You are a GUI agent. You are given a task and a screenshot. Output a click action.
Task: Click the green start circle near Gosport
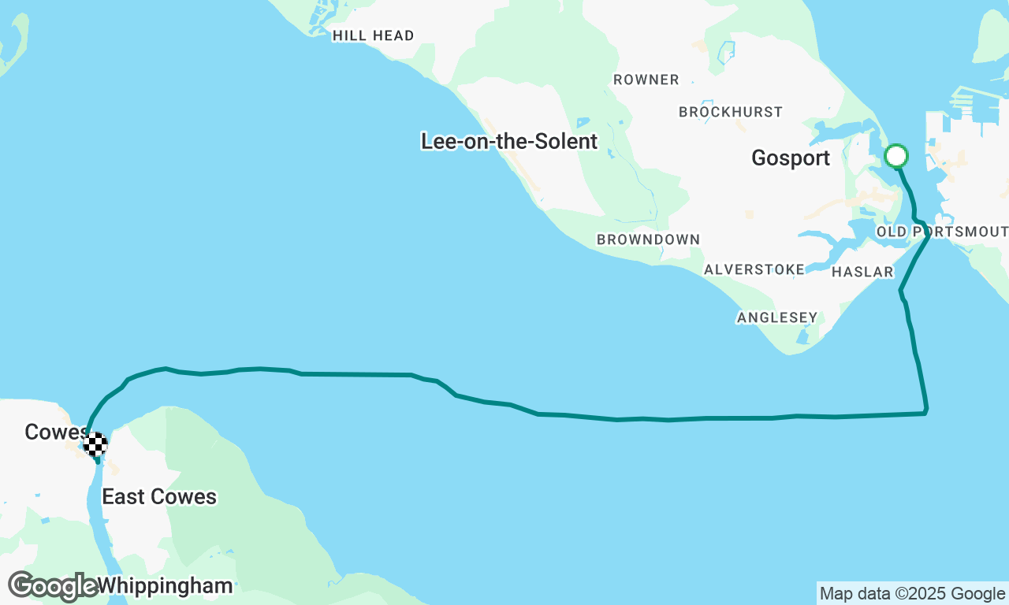[x=896, y=156]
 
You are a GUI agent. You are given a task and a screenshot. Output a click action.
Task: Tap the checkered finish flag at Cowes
[x=95, y=444]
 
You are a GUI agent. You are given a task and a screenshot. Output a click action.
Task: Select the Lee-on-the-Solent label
[x=509, y=142]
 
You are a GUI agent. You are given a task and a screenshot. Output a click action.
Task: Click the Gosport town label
[x=791, y=158]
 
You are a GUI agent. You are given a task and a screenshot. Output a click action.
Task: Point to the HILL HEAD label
[x=373, y=35]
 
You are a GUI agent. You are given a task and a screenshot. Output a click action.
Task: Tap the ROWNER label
[x=646, y=80]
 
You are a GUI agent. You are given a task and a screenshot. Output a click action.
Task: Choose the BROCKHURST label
[x=731, y=112]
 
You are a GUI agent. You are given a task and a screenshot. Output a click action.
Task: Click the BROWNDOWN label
[x=648, y=239]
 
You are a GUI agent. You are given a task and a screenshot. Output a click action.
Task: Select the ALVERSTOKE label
[x=754, y=269]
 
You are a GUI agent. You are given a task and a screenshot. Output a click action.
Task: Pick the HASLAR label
[x=862, y=273]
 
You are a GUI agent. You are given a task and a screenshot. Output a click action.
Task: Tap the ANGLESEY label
[x=777, y=317]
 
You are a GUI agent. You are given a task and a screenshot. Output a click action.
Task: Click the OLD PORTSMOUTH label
[x=942, y=232]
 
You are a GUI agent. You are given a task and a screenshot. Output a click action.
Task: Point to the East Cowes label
[x=159, y=497]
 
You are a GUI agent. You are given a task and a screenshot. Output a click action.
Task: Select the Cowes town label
[x=55, y=432]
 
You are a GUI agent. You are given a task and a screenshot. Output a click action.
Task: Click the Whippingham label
[x=166, y=586]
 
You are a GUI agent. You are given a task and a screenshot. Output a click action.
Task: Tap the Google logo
[x=53, y=586]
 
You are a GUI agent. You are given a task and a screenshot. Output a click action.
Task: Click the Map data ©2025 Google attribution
[x=912, y=594]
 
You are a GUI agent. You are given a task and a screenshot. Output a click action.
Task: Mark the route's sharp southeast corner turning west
[x=925, y=412]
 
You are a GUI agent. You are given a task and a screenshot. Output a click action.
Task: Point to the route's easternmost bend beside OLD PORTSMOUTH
[x=929, y=234]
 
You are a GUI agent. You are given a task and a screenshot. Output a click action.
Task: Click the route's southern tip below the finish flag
[x=98, y=462]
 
